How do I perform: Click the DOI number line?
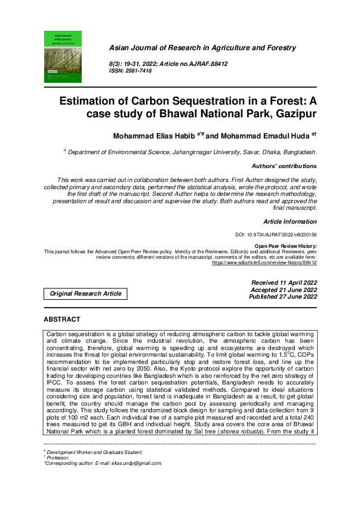(x=275, y=235)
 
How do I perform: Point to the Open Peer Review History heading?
(x=285, y=247)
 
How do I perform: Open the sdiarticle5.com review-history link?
(x=264, y=264)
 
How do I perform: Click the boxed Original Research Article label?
(x=85, y=294)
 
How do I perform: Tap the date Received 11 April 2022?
(x=284, y=283)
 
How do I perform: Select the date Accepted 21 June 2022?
(x=284, y=290)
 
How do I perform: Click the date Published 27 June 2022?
(x=284, y=297)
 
